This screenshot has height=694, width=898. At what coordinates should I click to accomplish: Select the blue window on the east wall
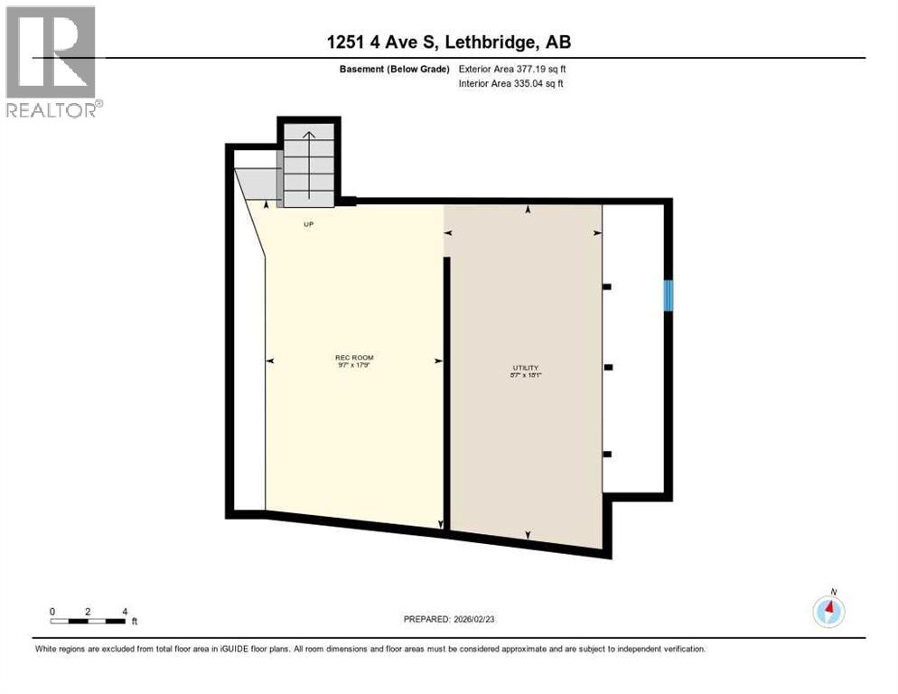[x=669, y=295]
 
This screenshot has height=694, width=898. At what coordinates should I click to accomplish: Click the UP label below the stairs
[x=308, y=224]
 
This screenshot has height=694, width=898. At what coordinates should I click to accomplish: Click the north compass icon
[x=828, y=611]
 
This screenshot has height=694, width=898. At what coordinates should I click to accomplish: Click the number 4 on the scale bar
[x=124, y=612]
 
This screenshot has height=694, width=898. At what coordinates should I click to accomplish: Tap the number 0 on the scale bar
[x=52, y=612]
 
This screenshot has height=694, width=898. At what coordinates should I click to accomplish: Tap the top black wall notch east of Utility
[x=607, y=286]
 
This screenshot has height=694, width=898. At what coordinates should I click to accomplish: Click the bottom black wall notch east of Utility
[x=607, y=454]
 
